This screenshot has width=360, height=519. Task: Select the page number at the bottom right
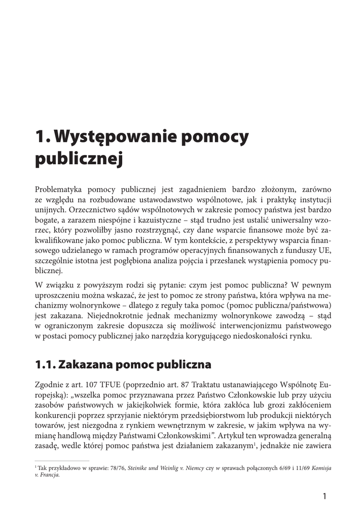(x=325, y=496)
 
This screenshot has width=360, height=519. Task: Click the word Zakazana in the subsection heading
(x=86, y=364)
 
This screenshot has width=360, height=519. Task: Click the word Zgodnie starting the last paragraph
(x=50, y=384)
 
